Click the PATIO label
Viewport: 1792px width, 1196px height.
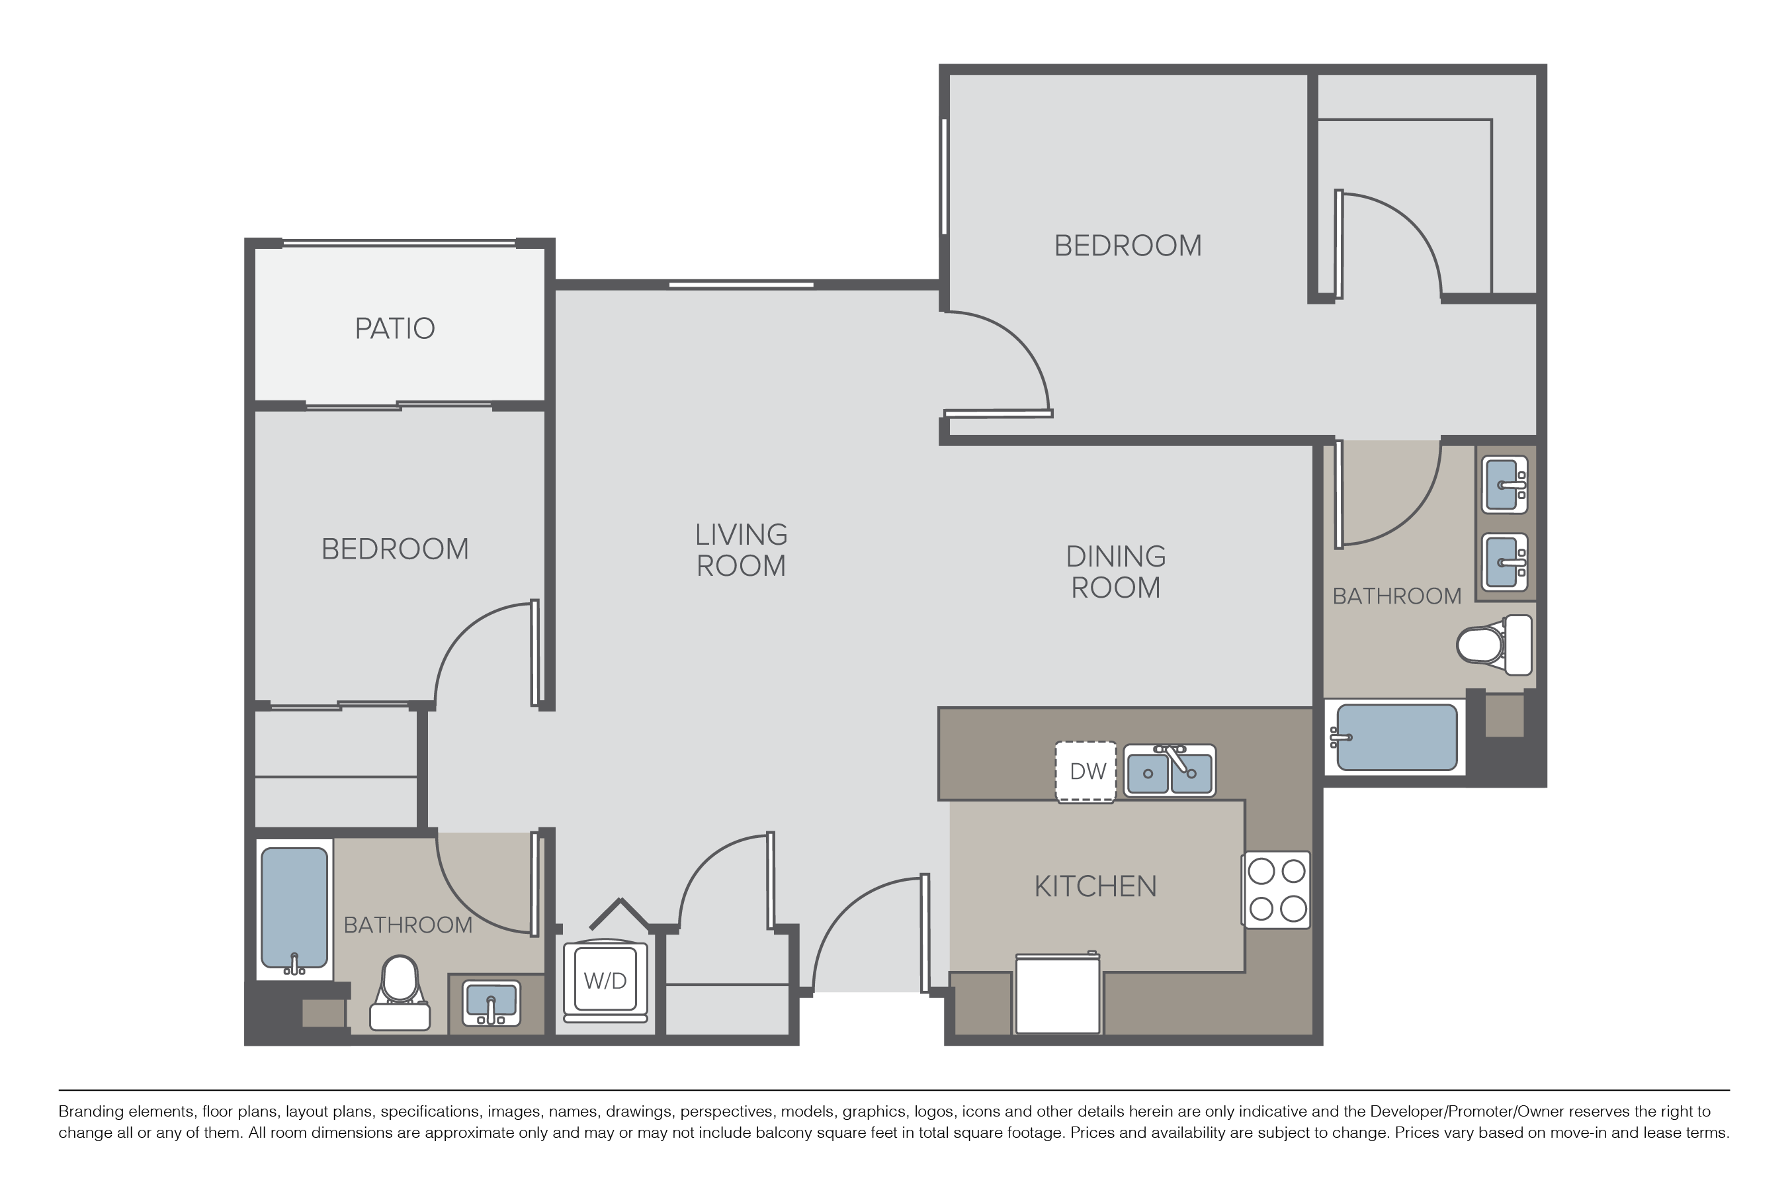[395, 329]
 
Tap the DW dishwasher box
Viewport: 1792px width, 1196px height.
[1086, 772]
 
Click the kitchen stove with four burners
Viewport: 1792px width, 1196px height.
[1277, 890]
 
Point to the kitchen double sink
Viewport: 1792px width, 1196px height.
[1170, 771]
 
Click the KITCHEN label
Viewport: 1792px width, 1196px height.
[1095, 886]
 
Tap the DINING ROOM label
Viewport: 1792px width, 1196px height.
[1116, 572]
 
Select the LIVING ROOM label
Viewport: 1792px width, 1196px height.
[741, 550]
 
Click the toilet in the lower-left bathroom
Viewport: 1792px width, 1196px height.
[400, 993]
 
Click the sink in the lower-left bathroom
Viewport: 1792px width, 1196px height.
[491, 1003]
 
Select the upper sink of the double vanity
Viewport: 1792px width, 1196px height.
[1505, 485]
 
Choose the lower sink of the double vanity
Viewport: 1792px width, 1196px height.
[1505, 562]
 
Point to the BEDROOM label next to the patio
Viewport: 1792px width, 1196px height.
[395, 549]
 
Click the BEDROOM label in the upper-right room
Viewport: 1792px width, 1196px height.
[1128, 246]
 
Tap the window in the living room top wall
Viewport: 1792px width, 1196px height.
[742, 285]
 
